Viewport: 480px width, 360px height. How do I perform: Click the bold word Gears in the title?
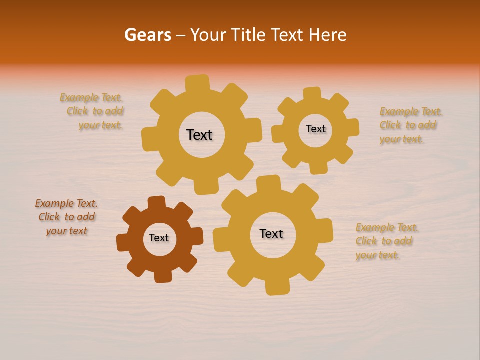pyautogui.click(x=148, y=35)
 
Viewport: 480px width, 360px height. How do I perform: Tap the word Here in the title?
pyautogui.click(x=327, y=35)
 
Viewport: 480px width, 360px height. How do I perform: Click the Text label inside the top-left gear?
pyautogui.click(x=199, y=135)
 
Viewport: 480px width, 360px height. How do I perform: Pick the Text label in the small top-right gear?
pyautogui.click(x=315, y=129)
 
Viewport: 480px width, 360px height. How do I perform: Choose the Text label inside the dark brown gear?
pyautogui.click(x=159, y=238)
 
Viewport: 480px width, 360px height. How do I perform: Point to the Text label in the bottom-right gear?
pyautogui.click(x=271, y=233)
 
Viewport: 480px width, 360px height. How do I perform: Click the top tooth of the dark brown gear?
pyautogui.click(x=157, y=202)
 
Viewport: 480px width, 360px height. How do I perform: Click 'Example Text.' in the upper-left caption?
pyautogui.click(x=91, y=98)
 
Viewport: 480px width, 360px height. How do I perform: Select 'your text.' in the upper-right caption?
pyautogui.click(x=401, y=139)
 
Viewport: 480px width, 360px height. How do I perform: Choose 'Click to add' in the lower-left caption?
pyautogui.click(x=67, y=217)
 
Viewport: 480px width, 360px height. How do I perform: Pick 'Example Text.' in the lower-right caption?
pyautogui.click(x=387, y=228)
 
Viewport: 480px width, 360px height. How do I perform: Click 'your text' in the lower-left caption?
pyautogui.click(x=67, y=231)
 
